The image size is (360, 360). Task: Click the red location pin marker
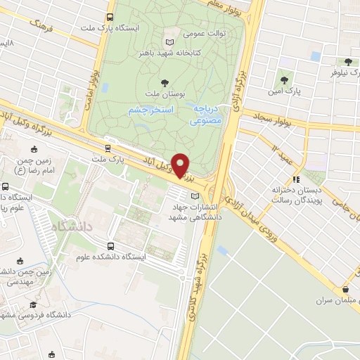(181, 166)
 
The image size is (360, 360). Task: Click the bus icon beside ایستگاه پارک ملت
(110, 17)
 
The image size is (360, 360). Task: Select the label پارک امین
(285, 91)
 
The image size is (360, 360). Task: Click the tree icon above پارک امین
(285, 80)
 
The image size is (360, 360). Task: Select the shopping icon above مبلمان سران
(345, 289)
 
